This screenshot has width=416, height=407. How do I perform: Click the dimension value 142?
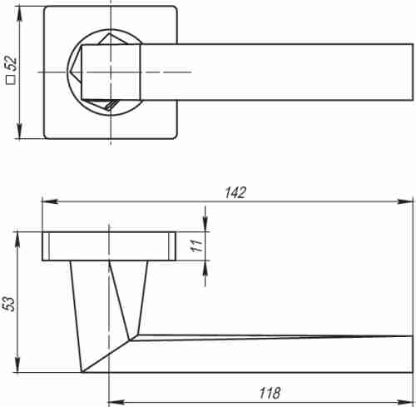coord(235,192)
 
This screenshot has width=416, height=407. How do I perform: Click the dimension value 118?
coord(270,393)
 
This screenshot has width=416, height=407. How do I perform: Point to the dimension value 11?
coord(196,246)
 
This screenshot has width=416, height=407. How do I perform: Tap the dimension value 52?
coord(12,64)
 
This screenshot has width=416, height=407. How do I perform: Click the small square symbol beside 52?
coord(11,80)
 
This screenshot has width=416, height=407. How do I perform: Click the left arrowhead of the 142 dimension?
coord(50,201)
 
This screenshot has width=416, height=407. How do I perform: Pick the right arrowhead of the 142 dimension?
coord(405,201)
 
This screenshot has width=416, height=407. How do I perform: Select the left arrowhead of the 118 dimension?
coord(116,402)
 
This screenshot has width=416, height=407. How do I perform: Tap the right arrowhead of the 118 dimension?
coord(405,402)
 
